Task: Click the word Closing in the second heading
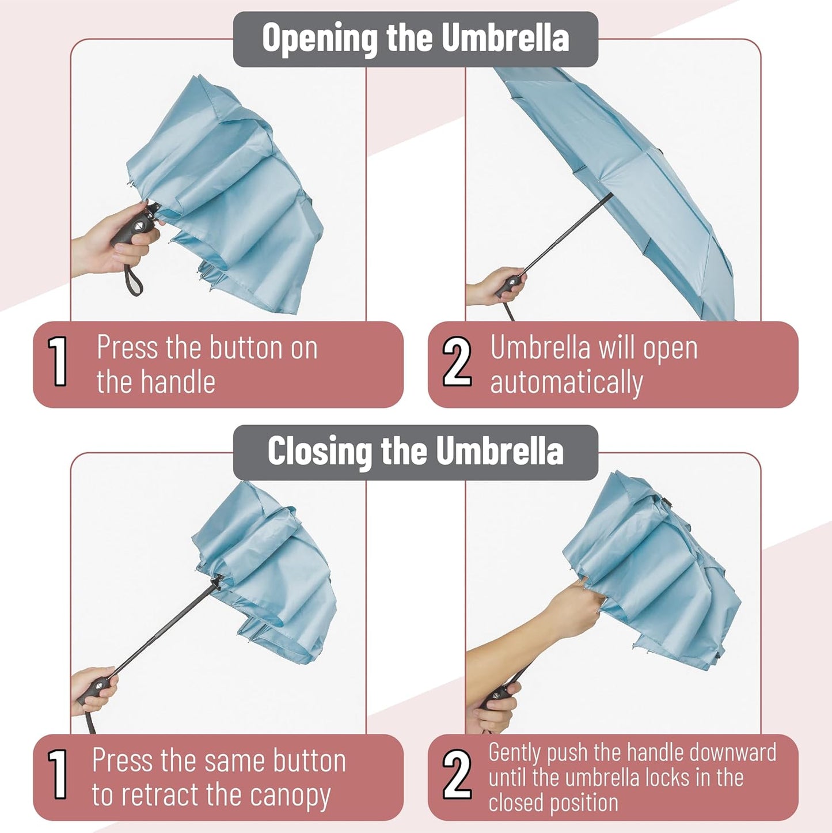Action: (320, 452)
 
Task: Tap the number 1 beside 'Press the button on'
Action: (58, 362)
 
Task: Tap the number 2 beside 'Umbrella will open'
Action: (457, 362)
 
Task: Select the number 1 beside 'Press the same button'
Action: (58, 775)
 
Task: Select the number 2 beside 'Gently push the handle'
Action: (457, 775)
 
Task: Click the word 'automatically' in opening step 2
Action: (566, 383)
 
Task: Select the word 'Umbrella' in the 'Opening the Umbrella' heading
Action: (505, 39)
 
